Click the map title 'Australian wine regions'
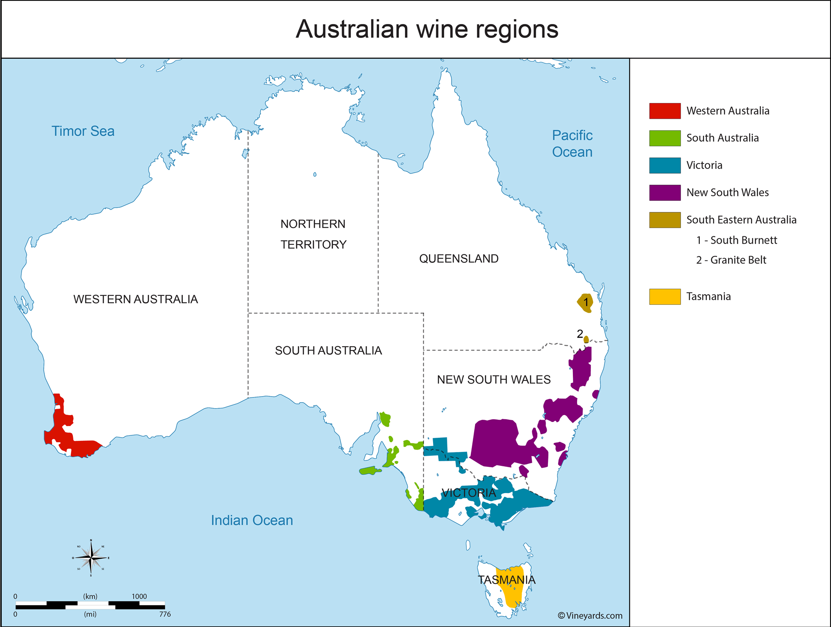[427, 29]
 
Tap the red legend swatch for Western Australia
[664, 111]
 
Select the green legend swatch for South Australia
[664, 138]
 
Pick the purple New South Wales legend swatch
[664, 193]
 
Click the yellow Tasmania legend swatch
[664, 296]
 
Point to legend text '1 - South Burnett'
[736, 240]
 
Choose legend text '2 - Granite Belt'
[731, 260]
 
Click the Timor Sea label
[83, 131]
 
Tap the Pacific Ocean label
[572, 144]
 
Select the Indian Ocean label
[252, 520]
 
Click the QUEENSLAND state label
[458, 259]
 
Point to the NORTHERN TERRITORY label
[313, 234]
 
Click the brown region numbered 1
[585, 303]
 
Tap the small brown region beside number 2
[586, 339]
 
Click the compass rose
[91, 558]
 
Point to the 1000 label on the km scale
[139, 596]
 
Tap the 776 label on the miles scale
[165, 614]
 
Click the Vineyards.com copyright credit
[590, 615]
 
